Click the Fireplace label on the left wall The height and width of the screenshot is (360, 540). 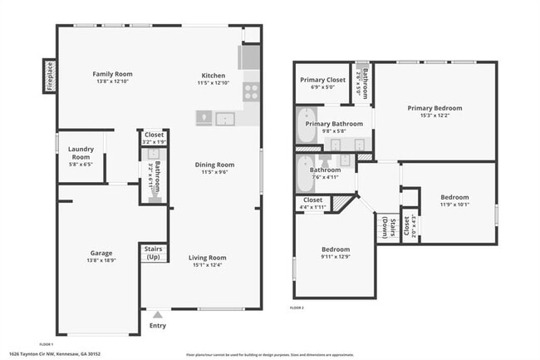pyautogui.click(x=48, y=75)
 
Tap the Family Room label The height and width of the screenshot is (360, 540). pyautogui.click(x=112, y=74)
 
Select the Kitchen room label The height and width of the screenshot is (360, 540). pyautogui.click(x=212, y=74)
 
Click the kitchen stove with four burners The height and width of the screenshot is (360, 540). pyautogui.click(x=250, y=91)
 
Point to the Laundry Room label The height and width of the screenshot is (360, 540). pyautogui.click(x=80, y=152)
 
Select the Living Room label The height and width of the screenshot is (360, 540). pyautogui.click(x=207, y=258)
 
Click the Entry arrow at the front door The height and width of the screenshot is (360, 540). pyautogui.click(x=157, y=315)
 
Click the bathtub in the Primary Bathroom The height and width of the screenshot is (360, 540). pyautogui.click(x=307, y=126)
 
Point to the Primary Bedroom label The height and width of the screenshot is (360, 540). pyautogui.click(x=434, y=107)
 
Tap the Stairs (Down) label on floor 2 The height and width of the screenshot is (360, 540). pyautogui.click(x=384, y=228)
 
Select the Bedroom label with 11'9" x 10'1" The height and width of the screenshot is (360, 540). pyautogui.click(x=454, y=197)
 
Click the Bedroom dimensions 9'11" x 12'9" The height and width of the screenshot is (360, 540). pyautogui.click(x=336, y=257)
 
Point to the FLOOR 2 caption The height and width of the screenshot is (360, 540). pyautogui.click(x=297, y=308)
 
